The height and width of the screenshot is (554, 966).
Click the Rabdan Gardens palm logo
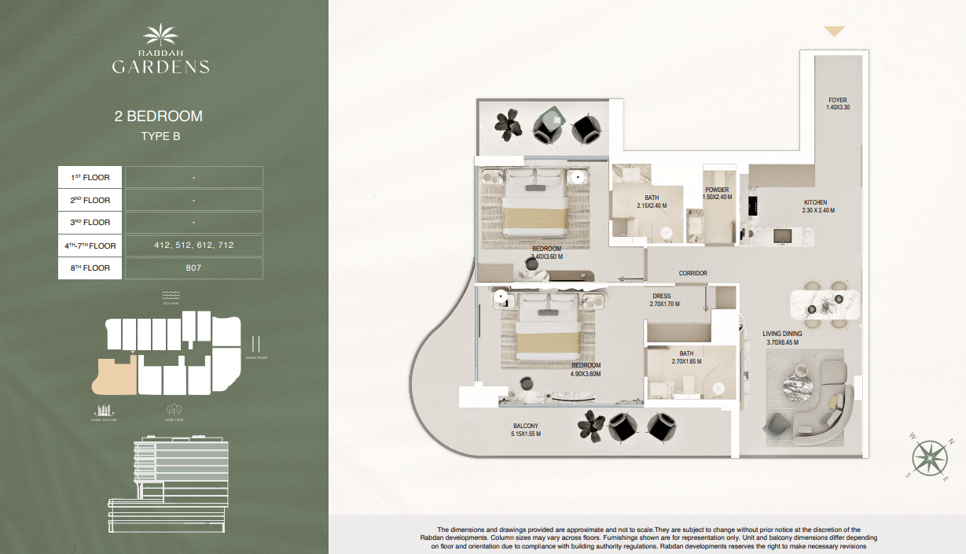click(x=160, y=36)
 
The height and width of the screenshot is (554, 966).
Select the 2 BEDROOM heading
click(x=159, y=116)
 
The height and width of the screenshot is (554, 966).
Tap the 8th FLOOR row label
click(x=91, y=268)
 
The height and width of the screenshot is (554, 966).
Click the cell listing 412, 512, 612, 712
click(x=194, y=246)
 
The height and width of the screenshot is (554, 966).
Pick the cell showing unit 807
click(x=194, y=268)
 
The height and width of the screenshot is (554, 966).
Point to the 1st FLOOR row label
click(x=91, y=178)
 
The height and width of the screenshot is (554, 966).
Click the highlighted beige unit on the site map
click(x=113, y=375)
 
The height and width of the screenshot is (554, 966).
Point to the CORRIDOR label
click(x=693, y=274)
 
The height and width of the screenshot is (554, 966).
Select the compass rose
click(x=930, y=457)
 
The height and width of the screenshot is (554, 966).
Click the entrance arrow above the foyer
click(x=834, y=32)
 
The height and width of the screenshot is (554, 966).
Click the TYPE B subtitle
click(x=160, y=137)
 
